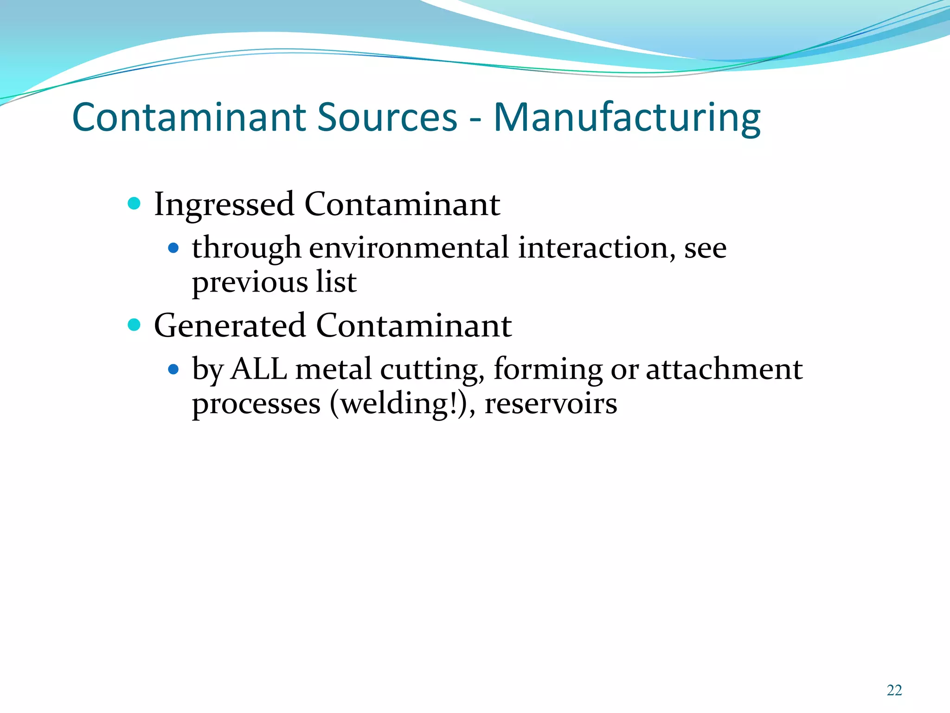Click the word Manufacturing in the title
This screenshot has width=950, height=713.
[x=627, y=117]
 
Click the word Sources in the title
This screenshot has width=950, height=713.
[x=387, y=117]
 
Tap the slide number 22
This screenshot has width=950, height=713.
[x=894, y=690]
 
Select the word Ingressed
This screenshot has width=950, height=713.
[x=224, y=205]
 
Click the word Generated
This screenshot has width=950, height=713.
[x=230, y=325]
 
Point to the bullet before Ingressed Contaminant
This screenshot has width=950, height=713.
[x=134, y=203]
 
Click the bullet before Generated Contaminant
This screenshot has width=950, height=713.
[x=134, y=324]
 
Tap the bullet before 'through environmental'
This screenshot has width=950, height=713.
[x=173, y=248]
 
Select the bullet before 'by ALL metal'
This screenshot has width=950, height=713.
[x=173, y=369]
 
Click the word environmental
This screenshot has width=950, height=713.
[x=409, y=248]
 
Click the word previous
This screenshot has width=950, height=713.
[x=250, y=283]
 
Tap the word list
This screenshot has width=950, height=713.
[x=336, y=282]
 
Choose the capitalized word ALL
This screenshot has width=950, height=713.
[x=259, y=369]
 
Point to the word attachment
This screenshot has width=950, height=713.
[x=724, y=369]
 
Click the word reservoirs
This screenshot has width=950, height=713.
[x=551, y=404]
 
